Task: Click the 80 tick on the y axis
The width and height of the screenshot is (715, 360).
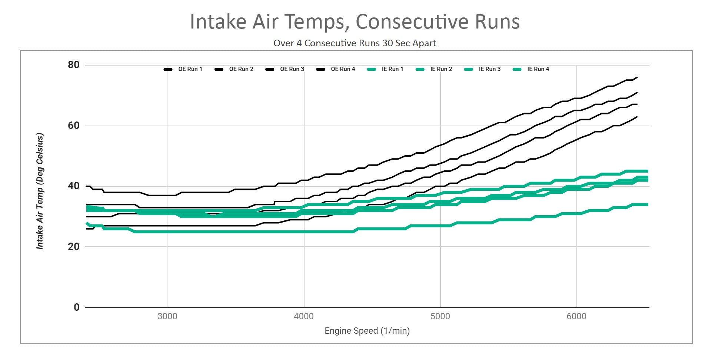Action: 74,65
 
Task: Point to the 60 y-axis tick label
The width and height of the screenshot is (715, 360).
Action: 74,126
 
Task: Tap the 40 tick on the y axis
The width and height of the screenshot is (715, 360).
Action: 74,186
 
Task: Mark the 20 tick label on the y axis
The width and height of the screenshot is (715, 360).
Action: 74,247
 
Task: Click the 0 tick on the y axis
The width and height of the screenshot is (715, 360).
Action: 77,307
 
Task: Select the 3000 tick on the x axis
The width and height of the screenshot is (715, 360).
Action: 167,317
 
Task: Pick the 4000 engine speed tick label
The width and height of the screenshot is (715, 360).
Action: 304,317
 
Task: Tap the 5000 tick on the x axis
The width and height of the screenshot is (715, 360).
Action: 440,317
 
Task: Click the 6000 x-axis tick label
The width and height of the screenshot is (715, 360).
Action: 576,317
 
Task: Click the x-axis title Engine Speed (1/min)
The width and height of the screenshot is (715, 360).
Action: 367,331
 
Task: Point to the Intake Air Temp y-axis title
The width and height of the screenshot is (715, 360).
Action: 40,191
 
